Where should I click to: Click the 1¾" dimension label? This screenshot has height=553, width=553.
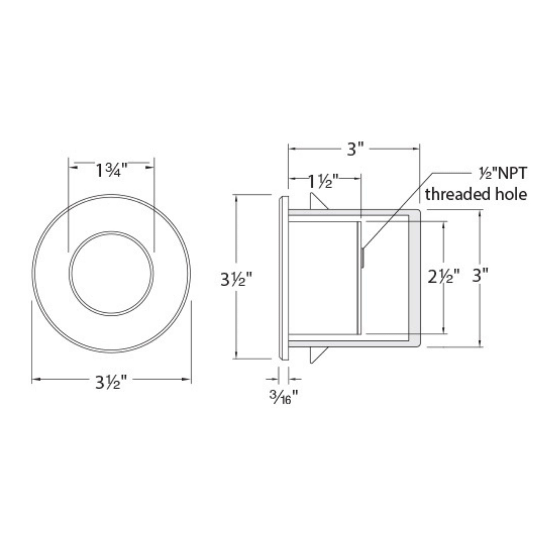point(111,171)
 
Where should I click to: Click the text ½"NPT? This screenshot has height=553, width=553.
point(503,174)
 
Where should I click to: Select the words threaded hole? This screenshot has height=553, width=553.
point(476,195)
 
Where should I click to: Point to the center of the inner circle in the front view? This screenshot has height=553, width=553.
point(111,273)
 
